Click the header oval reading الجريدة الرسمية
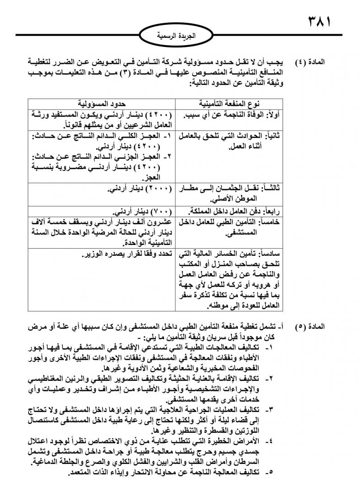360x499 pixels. [179, 35]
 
